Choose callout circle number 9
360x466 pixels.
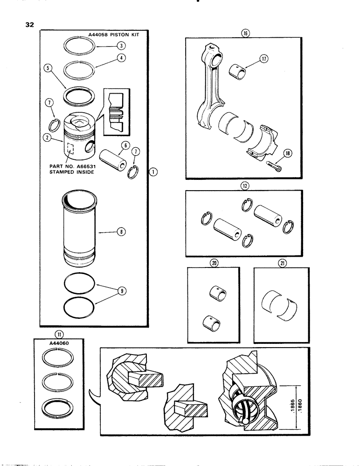(x=121, y=291)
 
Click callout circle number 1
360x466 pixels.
(x=153, y=172)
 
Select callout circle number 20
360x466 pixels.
(x=215, y=263)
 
